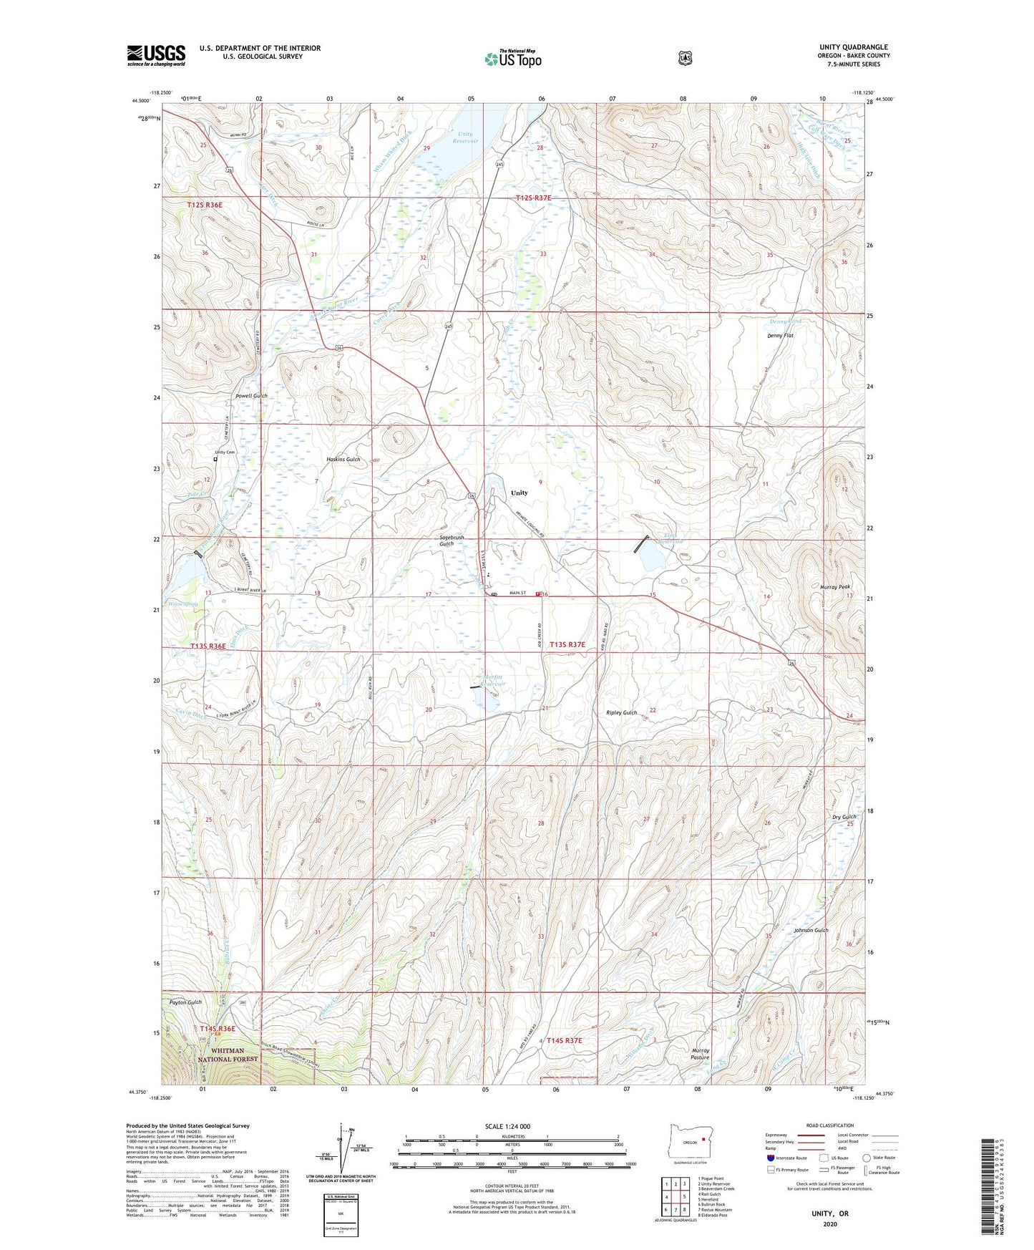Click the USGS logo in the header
coord(156,55)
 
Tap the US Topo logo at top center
coord(512,59)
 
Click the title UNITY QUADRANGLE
coord(844,47)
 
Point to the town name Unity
coord(519,493)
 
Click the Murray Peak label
coord(834,586)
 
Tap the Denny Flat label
coord(780,335)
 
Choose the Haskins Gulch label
coord(343,459)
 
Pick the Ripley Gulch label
coord(621,712)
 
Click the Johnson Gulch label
coord(811,930)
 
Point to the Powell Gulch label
coord(251,396)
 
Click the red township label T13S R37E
coord(567,644)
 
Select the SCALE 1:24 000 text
coord(507,1126)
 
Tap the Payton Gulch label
coord(185,1002)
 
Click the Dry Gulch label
coord(844,817)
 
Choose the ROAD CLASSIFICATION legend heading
coord(829,1125)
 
